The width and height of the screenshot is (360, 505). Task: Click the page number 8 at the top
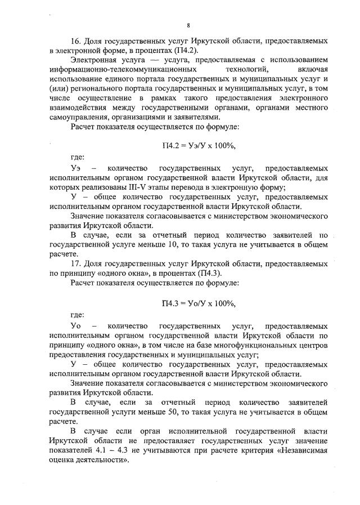click(x=188, y=25)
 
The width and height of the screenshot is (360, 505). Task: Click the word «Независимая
click(x=299, y=451)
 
